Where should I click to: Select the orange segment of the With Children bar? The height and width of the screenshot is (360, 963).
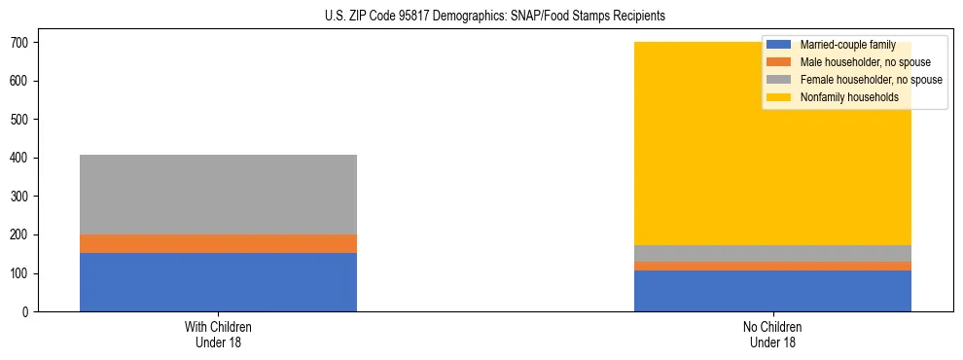(218, 243)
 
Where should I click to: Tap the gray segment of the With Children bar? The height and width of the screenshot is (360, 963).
(218, 195)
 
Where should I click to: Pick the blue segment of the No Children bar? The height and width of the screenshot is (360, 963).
(772, 291)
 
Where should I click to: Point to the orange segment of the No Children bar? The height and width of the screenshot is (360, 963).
(772, 266)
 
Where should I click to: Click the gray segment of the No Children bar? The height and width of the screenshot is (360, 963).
(772, 253)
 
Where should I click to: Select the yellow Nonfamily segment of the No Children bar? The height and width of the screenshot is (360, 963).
(681, 146)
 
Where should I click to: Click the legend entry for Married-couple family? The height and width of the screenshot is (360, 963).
(846, 45)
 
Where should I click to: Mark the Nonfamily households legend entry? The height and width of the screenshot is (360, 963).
(848, 97)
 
